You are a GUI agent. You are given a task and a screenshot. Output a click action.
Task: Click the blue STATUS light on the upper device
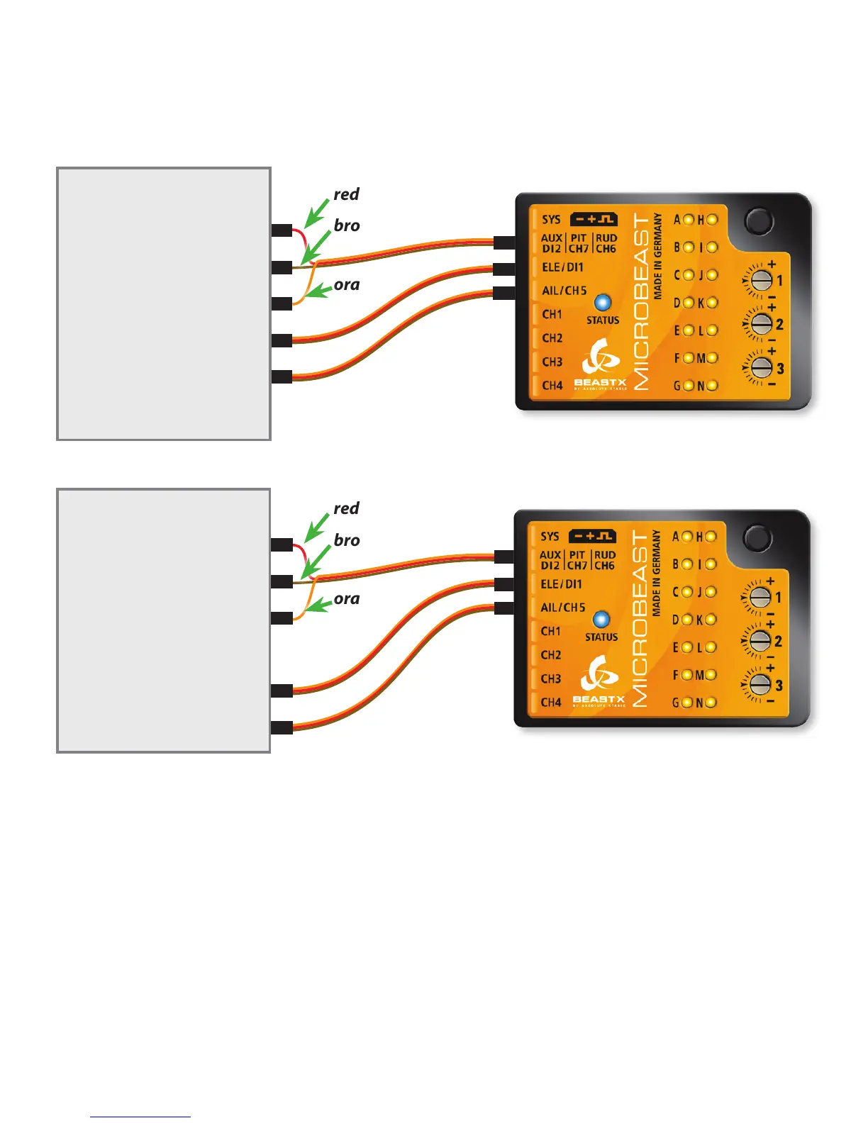602,303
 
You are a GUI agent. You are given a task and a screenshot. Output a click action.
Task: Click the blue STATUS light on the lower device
601,620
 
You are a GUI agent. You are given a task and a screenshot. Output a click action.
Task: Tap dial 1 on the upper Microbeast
761,280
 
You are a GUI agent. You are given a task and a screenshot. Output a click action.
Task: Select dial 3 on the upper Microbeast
761,368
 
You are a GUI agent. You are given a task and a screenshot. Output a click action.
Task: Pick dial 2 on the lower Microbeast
759,641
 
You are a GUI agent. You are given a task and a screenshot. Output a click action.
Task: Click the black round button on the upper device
759,221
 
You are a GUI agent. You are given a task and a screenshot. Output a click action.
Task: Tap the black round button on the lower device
757,538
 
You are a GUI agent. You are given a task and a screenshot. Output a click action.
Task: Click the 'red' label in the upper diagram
346,194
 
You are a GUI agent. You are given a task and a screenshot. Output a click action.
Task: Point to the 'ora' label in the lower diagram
346,599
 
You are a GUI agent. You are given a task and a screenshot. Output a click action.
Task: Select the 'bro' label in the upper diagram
347,225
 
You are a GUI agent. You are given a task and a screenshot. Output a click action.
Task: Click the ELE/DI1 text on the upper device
562,267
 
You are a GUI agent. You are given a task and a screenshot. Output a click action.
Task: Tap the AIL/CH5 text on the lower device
563,608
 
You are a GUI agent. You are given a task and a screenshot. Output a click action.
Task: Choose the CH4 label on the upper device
552,386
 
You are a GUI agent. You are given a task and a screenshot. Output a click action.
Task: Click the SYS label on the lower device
550,537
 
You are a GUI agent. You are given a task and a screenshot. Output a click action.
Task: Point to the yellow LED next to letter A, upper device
688,220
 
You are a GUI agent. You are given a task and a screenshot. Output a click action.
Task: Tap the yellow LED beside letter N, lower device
711,703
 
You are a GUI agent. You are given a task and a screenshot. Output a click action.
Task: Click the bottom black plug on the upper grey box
282,376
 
